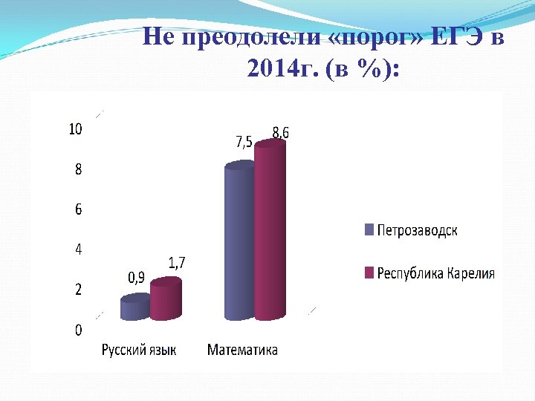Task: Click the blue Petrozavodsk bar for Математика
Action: pos(239,245)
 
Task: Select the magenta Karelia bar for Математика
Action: pos(270,238)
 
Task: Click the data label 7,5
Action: pos(244,142)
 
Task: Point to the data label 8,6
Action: pos(280,132)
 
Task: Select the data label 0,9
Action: pos(136,278)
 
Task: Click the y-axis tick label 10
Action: pos(75,129)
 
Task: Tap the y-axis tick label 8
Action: pos(78,169)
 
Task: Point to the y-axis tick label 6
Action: pos(78,209)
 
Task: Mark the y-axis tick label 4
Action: pos(78,250)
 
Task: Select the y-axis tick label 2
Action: pos(78,290)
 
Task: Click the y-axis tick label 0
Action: pos(78,330)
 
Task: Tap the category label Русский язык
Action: pos(139,350)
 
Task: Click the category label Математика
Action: pos(242,350)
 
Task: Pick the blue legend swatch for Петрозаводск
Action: pos(368,229)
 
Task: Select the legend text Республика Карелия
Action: pos(435,273)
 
